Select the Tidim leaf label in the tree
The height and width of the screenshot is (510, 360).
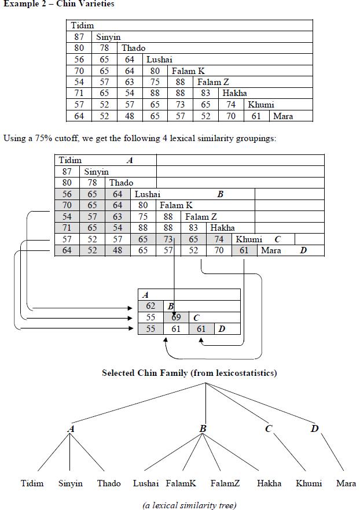[32, 483]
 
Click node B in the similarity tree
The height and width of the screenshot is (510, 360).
[203, 429]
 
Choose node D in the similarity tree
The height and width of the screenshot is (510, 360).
[314, 429]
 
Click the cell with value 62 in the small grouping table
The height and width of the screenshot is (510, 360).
[150, 306]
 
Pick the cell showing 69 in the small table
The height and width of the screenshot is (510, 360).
[176, 317]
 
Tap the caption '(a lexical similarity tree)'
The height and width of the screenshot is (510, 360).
[189, 505]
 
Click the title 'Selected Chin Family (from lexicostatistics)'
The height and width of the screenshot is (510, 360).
[189, 373]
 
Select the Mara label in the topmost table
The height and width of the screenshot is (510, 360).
[283, 116]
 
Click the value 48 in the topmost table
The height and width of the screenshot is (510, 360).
[129, 116]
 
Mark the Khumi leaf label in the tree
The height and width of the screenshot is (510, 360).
[308, 483]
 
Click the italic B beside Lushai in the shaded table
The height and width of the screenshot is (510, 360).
[220, 195]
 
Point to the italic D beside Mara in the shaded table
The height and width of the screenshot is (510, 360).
[303, 250]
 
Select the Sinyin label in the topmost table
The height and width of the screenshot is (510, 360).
[108, 37]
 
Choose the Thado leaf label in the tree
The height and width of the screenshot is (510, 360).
[109, 483]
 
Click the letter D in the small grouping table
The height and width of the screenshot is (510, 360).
[221, 329]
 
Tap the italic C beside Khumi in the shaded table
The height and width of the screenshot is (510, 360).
[278, 239]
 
